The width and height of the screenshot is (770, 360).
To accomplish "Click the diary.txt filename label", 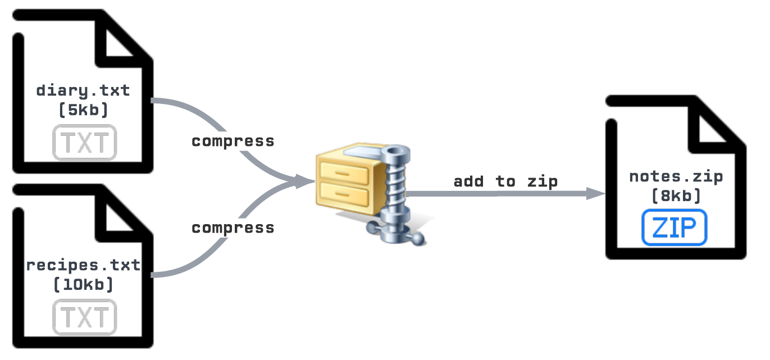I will (83, 90).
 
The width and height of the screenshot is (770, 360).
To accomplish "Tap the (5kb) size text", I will (83, 110).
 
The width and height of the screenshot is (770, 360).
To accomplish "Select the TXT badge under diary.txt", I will (84, 143).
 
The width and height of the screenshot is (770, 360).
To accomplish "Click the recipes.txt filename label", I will (83, 265).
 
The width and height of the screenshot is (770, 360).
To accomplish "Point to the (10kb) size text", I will (83, 285).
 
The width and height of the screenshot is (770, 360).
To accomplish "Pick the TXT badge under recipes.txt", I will (84, 317).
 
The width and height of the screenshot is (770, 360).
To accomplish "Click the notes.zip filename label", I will (676, 177).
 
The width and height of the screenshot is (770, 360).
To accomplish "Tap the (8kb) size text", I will (676, 196).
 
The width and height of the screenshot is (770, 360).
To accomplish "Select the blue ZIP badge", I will (674, 228).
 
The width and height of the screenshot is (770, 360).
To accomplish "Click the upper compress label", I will (233, 141).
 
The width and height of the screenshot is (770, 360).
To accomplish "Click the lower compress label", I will (233, 228).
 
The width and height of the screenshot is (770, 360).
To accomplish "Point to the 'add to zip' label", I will (505, 181).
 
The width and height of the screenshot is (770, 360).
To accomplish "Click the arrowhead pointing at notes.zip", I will (595, 194).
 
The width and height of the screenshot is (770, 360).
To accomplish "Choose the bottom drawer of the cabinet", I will (343, 197).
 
